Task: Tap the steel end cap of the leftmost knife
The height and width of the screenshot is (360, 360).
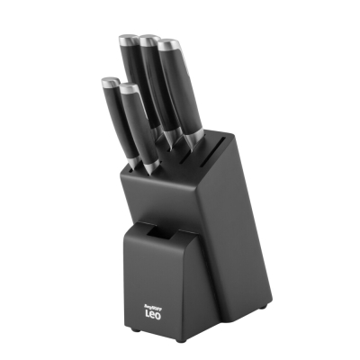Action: coord(108,83)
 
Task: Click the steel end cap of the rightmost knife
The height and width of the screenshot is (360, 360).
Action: coord(168,42)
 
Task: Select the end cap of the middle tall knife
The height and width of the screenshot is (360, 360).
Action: coord(148,40)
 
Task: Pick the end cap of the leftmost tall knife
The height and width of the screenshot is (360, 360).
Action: coord(127,40)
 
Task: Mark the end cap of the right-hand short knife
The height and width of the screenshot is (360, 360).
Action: coord(129,88)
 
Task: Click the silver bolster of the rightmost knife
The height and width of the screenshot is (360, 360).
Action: coord(193,135)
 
